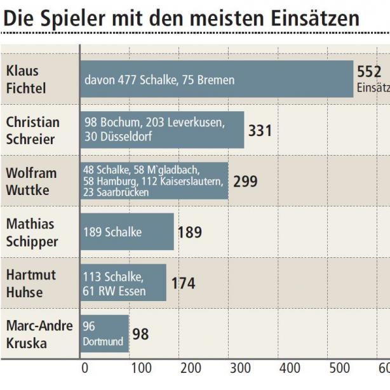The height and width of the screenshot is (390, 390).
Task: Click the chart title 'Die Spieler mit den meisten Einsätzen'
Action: (x=181, y=19)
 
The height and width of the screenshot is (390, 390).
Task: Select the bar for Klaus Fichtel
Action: (x=216, y=79)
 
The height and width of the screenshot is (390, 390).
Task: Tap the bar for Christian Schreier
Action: (x=162, y=130)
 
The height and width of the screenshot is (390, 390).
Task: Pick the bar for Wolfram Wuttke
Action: (x=154, y=181)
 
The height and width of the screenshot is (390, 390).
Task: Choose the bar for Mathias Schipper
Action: (x=126, y=232)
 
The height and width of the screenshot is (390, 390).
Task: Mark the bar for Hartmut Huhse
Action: (x=123, y=283)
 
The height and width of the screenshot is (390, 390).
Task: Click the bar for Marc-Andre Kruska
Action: (x=104, y=334)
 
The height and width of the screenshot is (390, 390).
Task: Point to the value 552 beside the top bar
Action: (x=369, y=72)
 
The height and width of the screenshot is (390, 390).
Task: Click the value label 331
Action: (x=260, y=131)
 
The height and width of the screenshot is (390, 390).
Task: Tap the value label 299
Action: (x=245, y=182)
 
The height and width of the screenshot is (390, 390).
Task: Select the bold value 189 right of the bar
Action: (x=189, y=232)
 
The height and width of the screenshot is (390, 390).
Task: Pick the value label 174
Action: (x=183, y=283)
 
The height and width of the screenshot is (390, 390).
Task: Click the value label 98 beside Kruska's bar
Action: (x=140, y=334)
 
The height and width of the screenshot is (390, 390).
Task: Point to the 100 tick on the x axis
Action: (x=141, y=368)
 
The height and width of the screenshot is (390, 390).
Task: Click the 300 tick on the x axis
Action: (x=240, y=368)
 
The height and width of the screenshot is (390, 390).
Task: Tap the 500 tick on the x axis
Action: (x=339, y=368)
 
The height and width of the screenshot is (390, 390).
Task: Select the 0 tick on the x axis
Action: (x=85, y=368)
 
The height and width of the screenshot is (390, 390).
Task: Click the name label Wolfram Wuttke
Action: (x=31, y=181)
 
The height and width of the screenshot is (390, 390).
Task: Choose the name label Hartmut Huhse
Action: (x=31, y=283)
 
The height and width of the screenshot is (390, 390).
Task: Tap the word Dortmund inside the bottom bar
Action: (x=103, y=342)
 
